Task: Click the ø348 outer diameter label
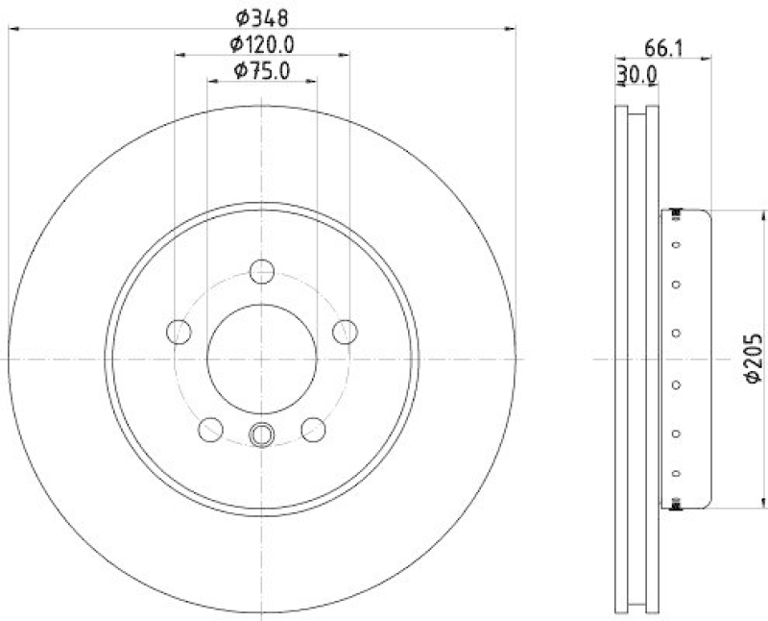[262, 17]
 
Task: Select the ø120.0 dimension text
[261, 43]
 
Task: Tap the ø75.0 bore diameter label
[262, 69]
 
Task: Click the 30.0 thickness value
[636, 73]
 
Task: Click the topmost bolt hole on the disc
[262, 271]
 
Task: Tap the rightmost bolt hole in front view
[345, 332]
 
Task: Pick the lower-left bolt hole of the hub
[210, 429]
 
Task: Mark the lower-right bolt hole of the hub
[313, 429]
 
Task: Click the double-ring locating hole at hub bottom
[262, 435]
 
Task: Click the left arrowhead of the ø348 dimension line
[12, 30]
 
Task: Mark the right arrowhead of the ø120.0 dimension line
[345, 56]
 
